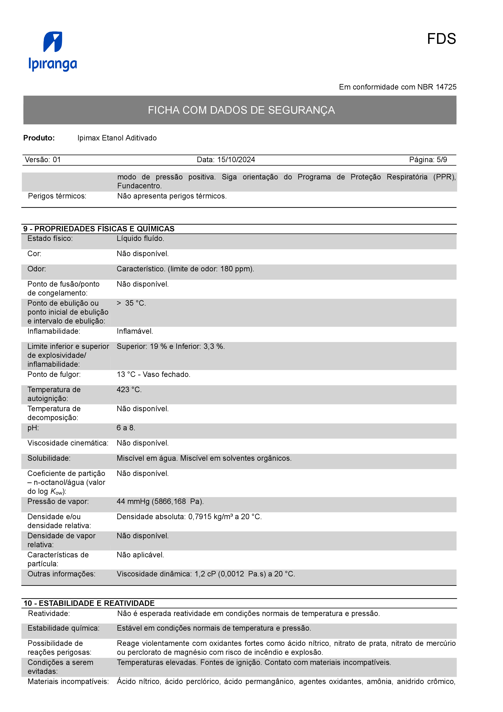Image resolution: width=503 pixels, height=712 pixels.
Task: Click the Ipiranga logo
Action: coord(53,51)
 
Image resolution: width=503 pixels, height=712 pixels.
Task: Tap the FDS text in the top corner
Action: coord(441,39)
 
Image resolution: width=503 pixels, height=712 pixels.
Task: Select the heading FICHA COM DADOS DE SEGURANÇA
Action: coord(241,110)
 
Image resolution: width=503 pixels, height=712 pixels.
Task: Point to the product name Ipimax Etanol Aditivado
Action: coord(117,138)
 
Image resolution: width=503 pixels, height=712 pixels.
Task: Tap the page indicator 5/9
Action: coord(442,160)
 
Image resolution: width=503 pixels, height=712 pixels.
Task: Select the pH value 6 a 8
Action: coord(126,428)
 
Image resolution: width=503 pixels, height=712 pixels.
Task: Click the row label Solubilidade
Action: coord(49,458)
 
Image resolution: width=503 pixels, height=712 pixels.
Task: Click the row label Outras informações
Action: coord(61,574)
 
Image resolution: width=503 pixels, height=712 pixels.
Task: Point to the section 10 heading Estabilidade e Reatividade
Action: coord(89,603)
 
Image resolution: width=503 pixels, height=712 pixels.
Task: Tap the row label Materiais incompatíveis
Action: coord(68,681)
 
